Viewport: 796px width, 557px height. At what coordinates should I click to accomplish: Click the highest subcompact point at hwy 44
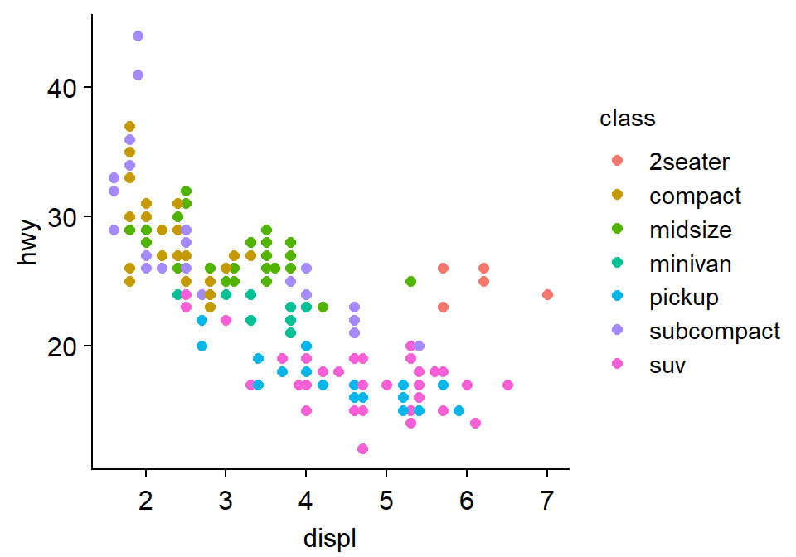pos(138,36)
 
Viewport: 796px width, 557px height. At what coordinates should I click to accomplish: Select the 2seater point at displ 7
pos(547,294)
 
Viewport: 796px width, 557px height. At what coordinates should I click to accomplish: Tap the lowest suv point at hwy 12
pos(362,448)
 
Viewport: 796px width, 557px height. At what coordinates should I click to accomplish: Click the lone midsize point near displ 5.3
pos(410,281)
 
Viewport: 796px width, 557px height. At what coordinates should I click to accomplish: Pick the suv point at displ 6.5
pos(507,385)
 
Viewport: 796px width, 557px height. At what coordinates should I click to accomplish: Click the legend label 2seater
pos(690,162)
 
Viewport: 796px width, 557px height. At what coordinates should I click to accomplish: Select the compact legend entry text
pos(695,196)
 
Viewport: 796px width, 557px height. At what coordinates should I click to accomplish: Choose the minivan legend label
pos(691,263)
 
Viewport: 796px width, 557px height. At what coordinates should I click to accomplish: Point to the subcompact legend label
pos(715,331)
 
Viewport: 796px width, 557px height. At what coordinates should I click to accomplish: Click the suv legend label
pos(667,364)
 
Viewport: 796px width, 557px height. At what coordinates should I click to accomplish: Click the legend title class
pos(628,119)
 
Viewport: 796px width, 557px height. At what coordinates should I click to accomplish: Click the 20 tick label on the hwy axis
pos(66,346)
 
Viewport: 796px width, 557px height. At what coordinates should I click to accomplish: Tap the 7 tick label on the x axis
pos(547,501)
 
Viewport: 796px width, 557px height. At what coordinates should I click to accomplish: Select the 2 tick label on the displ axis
pos(146,501)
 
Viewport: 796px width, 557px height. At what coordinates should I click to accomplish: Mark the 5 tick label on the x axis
pos(386,501)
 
